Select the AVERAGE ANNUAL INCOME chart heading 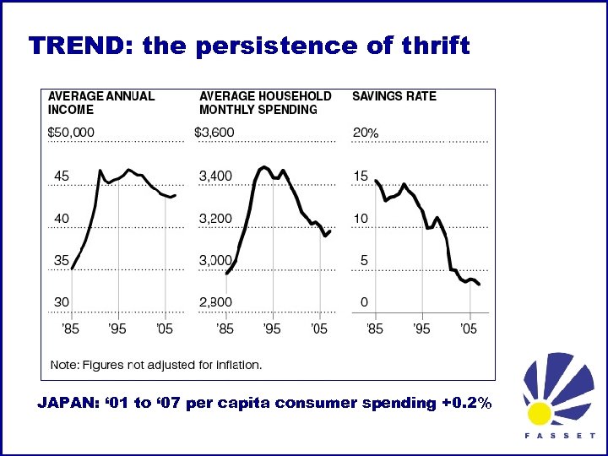[101, 102]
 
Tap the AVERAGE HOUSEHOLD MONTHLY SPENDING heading [265, 102]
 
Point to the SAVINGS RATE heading [394, 96]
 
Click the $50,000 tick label [71, 133]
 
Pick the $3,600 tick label [214, 133]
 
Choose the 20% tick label [365, 133]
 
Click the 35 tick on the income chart [62, 261]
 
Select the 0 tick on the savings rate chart [364, 302]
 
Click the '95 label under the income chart [117, 328]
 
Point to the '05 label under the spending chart [319, 328]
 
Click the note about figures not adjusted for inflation [156, 365]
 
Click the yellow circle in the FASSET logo [540, 413]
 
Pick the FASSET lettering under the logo [560, 437]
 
